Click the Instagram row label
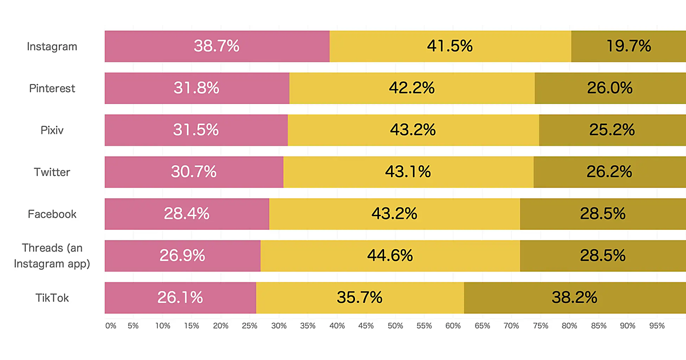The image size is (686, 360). pyautogui.click(x=52, y=46)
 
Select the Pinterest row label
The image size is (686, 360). pyautogui.click(x=52, y=89)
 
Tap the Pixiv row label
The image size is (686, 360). pyautogui.click(x=52, y=130)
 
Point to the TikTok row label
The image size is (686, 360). pyautogui.click(x=52, y=298)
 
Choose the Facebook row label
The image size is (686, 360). pyautogui.click(x=52, y=214)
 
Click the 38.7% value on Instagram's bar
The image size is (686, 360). pyautogui.click(x=216, y=46)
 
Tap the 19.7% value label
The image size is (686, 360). pyautogui.click(x=628, y=46)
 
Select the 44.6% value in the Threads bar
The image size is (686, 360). pyautogui.click(x=390, y=255)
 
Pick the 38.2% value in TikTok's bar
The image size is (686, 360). pyautogui.click(x=574, y=298)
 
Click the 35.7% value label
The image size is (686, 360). pyautogui.click(x=360, y=298)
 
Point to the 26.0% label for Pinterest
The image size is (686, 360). pyautogui.click(x=609, y=89)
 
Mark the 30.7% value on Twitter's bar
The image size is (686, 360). pyautogui.click(x=194, y=171)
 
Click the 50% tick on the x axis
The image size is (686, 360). pyautogui.click(x=395, y=326)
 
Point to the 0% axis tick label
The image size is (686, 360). pyautogui.click(x=111, y=326)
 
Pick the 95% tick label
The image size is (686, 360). pyautogui.click(x=657, y=326)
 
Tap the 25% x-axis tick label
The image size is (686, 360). pyautogui.click(x=250, y=326)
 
